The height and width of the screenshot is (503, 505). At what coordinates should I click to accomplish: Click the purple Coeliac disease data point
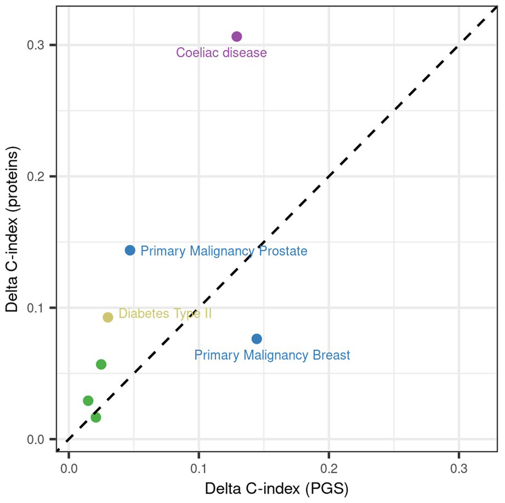click(x=237, y=36)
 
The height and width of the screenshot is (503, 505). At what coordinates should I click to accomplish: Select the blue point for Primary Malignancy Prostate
click(x=130, y=250)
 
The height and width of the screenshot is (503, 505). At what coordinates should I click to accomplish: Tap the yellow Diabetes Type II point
click(x=108, y=317)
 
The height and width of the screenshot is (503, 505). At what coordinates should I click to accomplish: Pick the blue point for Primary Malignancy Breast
click(x=257, y=339)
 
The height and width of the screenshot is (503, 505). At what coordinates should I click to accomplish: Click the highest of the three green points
click(x=101, y=364)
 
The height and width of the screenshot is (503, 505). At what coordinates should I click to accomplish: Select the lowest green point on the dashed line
click(x=95, y=418)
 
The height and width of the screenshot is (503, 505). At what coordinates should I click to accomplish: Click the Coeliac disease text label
click(x=222, y=53)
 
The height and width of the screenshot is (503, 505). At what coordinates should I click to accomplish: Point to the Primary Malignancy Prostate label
click(x=224, y=251)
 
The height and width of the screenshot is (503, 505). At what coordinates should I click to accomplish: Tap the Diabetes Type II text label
click(x=165, y=313)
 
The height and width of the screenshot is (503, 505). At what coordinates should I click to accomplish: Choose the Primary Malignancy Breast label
click(x=272, y=355)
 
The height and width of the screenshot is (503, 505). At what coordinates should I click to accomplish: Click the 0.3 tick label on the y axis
click(x=36, y=45)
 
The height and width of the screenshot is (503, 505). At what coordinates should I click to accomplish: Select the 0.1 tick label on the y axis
click(x=36, y=308)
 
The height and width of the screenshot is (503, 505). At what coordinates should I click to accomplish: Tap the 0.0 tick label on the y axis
click(x=36, y=439)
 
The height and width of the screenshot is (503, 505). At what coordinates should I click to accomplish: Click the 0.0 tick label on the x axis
click(x=69, y=468)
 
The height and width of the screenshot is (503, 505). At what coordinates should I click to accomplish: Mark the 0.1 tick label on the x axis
click(x=198, y=468)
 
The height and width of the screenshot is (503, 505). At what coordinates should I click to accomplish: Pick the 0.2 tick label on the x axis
click(x=329, y=468)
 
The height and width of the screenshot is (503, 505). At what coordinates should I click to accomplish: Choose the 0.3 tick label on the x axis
click(x=458, y=468)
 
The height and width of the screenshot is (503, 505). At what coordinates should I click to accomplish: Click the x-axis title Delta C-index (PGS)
click(x=277, y=489)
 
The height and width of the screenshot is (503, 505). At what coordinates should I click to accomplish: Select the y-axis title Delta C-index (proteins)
click(x=12, y=229)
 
